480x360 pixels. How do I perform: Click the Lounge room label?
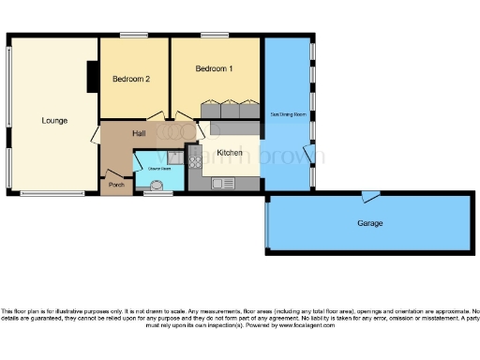point(53,120)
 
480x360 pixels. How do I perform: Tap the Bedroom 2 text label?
point(131,79)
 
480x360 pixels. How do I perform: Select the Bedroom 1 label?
point(214,69)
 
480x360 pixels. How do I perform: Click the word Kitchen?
point(230,152)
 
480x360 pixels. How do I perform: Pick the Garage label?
point(370,223)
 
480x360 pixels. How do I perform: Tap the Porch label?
point(117,185)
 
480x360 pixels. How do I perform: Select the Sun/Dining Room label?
point(288,114)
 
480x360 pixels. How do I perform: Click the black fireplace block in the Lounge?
point(93,77)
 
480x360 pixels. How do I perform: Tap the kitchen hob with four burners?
point(196,163)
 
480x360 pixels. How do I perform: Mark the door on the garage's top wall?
point(372,194)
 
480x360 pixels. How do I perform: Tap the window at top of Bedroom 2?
point(134,36)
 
